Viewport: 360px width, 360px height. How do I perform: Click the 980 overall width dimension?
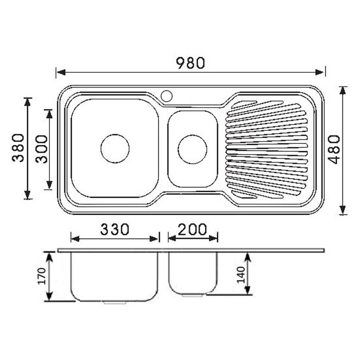(x=191, y=63)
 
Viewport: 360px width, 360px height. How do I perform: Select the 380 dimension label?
(x=18, y=148)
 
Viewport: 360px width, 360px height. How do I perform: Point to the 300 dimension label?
(x=42, y=149)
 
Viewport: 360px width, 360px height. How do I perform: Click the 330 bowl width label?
(x=114, y=229)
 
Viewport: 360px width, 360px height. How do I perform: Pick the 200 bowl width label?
(x=193, y=229)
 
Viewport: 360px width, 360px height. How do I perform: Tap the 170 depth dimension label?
(x=42, y=276)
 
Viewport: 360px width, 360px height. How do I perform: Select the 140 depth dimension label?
(x=241, y=274)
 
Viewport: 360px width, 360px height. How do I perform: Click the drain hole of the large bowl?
(x=115, y=149)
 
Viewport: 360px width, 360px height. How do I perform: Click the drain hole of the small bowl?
(x=193, y=149)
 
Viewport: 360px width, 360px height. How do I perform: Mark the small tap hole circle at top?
(x=166, y=96)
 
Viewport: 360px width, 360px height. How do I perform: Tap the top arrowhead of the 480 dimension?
(x=343, y=90)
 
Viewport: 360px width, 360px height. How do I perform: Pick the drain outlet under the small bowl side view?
(x=193, y=295)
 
